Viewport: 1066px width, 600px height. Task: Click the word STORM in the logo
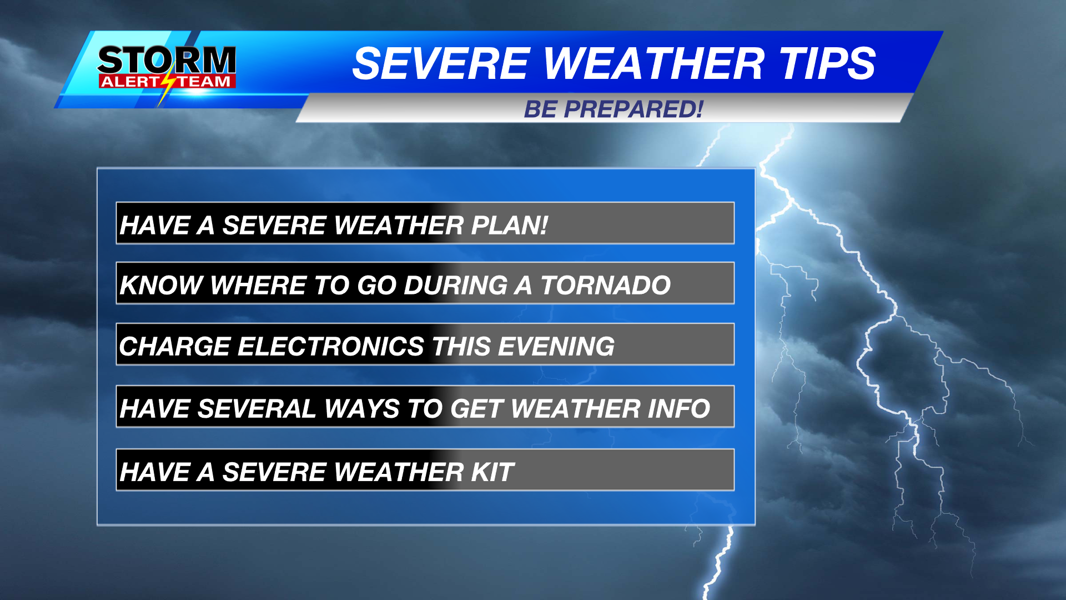pyautogui.click(x=167, y=60)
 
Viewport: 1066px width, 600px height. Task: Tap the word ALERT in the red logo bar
pyautogui.click(x=129, y=82)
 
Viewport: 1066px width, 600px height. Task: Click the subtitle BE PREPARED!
pyautogui.click(x=613, y=109)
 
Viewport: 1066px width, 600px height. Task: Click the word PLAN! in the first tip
pyautogui.click(x=509, y=226)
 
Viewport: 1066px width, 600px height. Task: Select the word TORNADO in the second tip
pyautogui.click(x=606, y=286)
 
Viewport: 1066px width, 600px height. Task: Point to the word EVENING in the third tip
pyautogui.click(x=556, y=347)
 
